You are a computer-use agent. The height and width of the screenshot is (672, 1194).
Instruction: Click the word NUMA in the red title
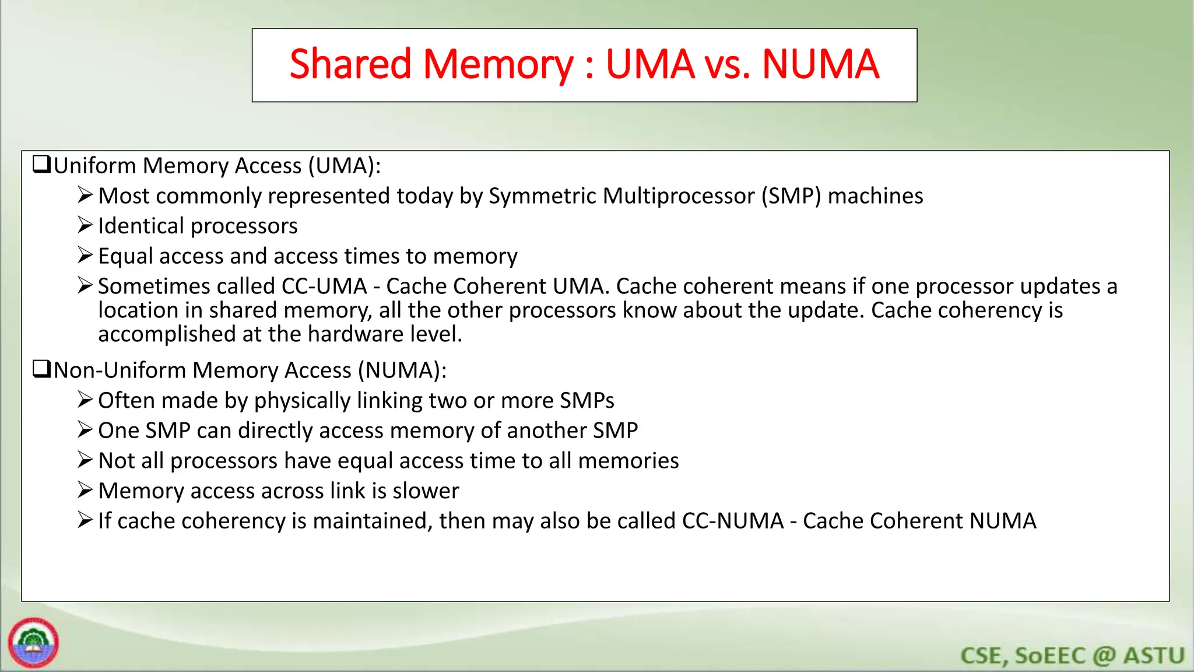(x=820, y=64)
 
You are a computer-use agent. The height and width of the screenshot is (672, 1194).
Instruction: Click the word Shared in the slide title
(x=350, y=64)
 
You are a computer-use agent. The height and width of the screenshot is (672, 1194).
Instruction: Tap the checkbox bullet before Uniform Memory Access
(x=41, y=164)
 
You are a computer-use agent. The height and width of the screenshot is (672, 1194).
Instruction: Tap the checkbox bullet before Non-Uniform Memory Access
(x=41, y=369)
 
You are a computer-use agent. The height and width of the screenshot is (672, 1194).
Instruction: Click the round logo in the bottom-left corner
(x=33, y=643)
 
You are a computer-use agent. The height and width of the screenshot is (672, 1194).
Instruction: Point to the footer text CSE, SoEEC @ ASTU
(x=1072, y=656)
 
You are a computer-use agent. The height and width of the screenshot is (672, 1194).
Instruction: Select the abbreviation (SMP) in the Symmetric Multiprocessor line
(x=791, y=196)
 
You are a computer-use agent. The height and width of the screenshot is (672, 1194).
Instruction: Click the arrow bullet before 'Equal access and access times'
(x=85, y=256)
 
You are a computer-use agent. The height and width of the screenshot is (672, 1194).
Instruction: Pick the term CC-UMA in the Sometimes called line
(x=324, y=286)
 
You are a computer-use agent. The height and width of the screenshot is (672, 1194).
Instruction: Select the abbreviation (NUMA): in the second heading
(x=402, y=370)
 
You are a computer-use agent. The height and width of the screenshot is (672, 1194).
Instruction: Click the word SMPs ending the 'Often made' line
(x=587, y=401)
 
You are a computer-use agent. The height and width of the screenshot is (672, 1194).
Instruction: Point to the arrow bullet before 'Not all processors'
(x=85, y=460)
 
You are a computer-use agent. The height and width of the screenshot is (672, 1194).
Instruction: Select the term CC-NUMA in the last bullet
(x=733, y=521)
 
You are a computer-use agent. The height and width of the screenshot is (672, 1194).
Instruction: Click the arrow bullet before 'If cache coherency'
(x=85, y=520)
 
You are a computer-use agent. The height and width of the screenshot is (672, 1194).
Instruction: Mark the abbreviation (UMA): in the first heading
(x=345, y=166)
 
